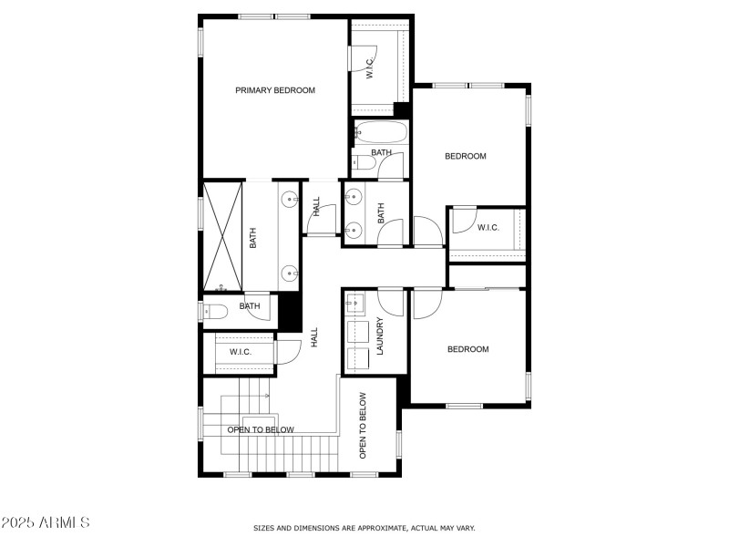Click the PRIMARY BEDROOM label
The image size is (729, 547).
(275, 90)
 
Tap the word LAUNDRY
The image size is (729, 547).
(381, 335)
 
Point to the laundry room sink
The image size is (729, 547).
(354, 302)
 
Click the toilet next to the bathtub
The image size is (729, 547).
(364, 164)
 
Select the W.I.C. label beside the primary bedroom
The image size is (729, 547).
(370, 69)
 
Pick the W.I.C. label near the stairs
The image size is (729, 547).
(241, 352)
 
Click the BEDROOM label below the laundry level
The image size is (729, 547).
(467, 349)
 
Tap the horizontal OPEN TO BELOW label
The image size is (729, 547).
(261, 429)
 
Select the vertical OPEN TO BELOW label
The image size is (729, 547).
(363, 425)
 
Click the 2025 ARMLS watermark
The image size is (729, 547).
(46, 522)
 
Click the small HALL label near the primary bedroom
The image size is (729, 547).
(316, 206)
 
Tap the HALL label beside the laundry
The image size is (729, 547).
(315, 337)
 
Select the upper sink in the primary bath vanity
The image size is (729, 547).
(288, 198)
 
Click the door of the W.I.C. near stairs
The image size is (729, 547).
(288, 352)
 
